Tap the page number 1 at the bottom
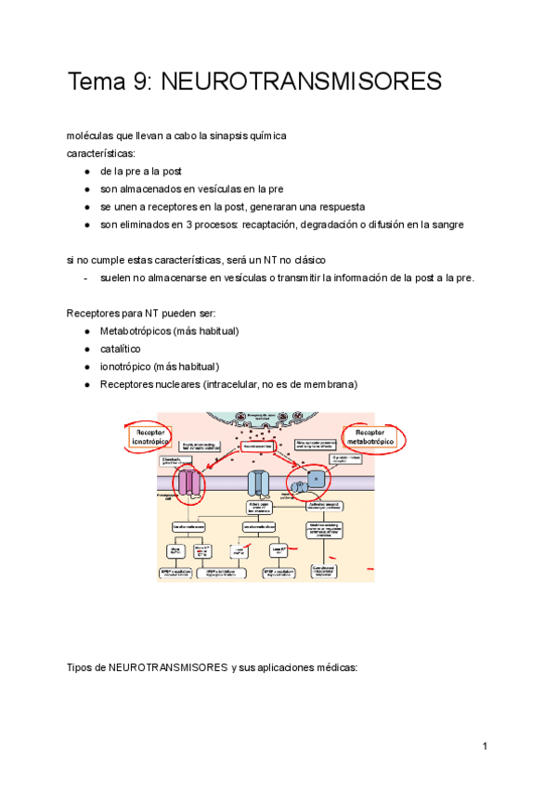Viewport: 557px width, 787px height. point(485,747)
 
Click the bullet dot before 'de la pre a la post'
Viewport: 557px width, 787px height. point(86,172)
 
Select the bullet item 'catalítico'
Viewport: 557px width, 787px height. point(121,349)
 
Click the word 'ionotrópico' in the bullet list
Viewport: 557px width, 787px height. point(126,367)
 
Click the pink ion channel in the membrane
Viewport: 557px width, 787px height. point(190,484)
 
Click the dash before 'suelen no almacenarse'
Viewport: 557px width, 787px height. point(85,277)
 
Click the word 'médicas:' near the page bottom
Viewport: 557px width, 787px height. point(335,667)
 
